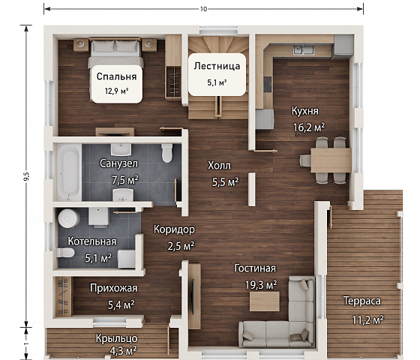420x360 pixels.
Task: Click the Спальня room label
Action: click(116, 76)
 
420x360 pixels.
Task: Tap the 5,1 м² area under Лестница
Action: click(217, 82)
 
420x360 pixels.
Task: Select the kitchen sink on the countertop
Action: click(304, 49)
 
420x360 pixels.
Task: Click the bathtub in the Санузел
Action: click(69, 172)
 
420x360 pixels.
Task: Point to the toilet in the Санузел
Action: click(166, 153)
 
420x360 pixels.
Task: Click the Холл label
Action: click(219, 166)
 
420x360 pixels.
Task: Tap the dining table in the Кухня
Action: click(331, 160)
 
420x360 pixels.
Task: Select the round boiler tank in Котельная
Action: click(69, 218)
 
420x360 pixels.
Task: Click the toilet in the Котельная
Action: click(65, 253)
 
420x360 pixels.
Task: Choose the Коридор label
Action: click(174, 229)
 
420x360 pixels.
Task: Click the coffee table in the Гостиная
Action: click(264, 301)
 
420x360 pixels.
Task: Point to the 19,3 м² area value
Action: click(261, 285)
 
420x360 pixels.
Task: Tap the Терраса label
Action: click(361, 301)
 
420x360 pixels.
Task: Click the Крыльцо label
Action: click(117, 338)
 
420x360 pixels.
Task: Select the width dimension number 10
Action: click(203, 9)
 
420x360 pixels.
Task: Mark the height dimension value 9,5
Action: click(26, 176)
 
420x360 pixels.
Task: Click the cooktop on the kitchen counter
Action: click(267, 84)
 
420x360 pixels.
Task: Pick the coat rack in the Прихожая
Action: click(64, 296)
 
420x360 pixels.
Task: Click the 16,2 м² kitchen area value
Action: click(309, 127)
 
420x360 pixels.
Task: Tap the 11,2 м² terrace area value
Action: click(367, 319)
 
